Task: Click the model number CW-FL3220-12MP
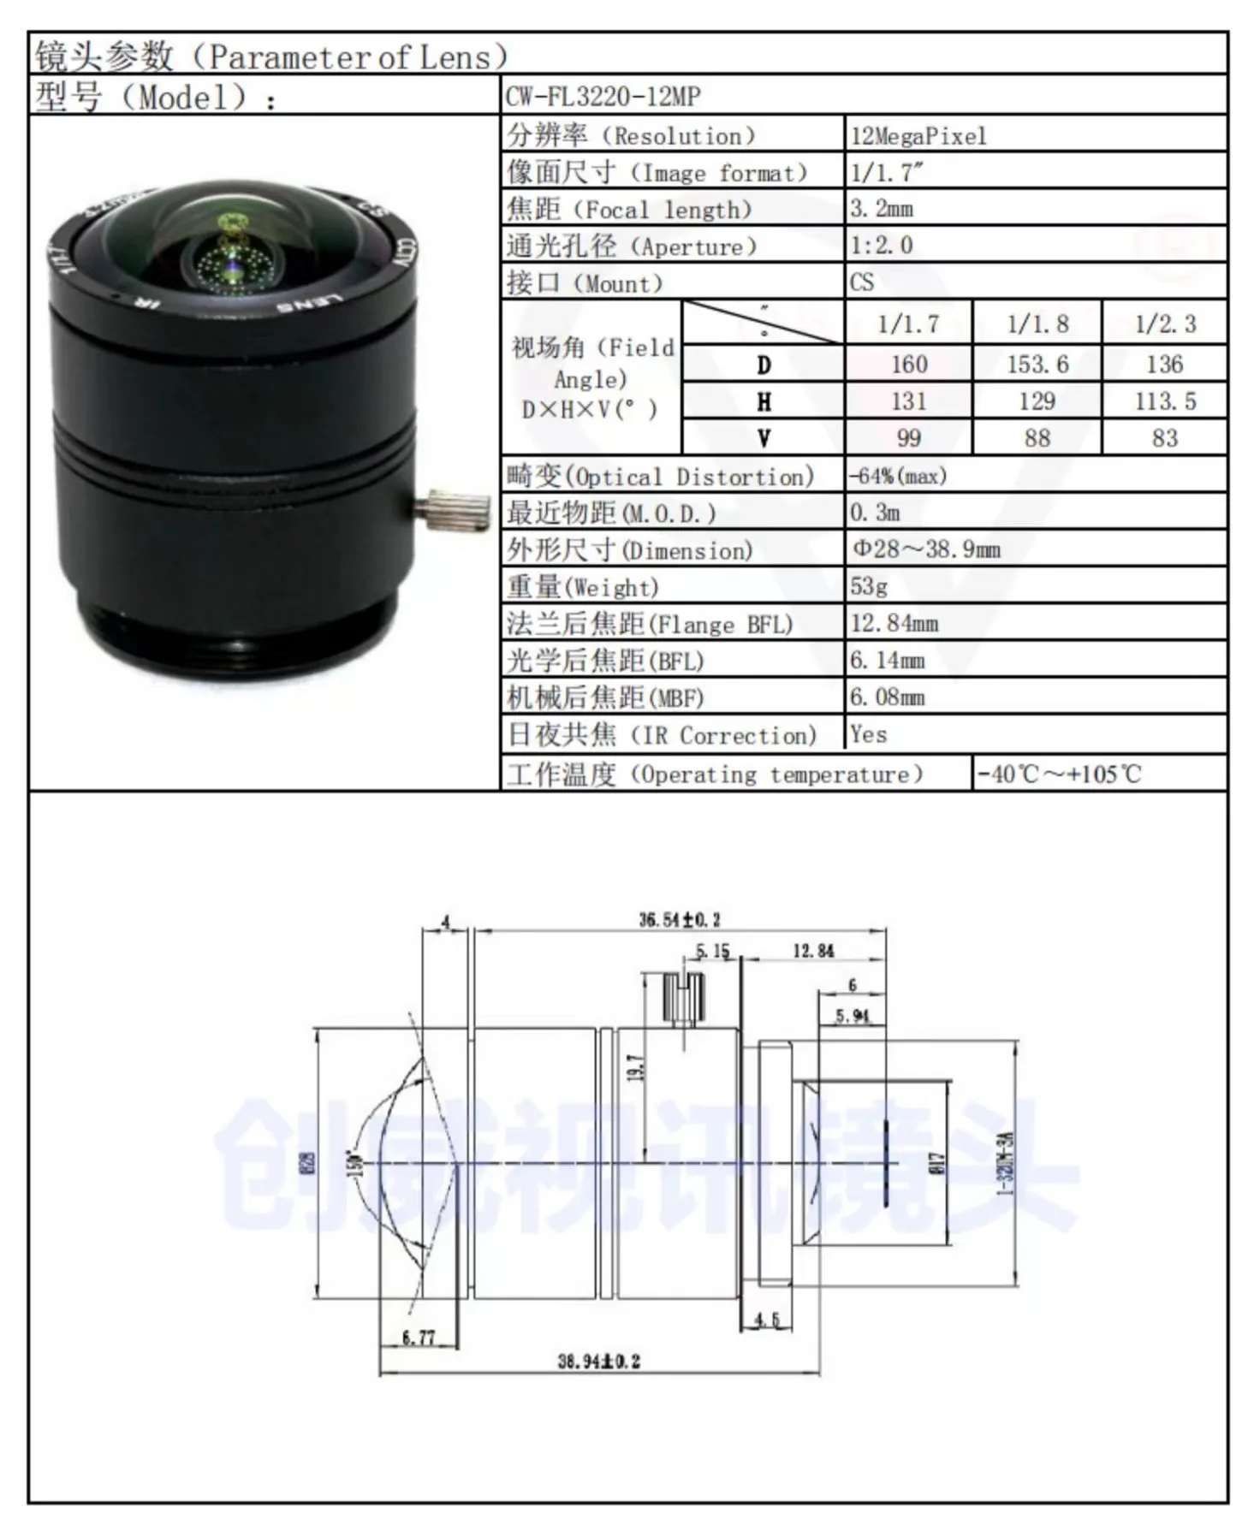click(603, 96)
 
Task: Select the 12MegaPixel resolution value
click(918, 136)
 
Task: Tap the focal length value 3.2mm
click(882, 209)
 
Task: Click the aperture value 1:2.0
click(882, 246)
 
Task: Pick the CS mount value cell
click(862, 282)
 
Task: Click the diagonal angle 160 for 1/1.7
click(908, 365)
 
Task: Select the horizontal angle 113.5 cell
click(1164, 401)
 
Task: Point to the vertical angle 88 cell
click(1037, 438)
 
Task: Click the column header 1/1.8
click(1037, 324)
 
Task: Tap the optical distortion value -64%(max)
click(898, 476)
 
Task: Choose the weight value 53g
click(869, 586)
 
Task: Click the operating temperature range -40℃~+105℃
click(1059, 774)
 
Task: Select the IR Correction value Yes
click(868, 734)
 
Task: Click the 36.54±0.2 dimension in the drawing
click(680, 920)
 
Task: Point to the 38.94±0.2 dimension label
click(598, 1361)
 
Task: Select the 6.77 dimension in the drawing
click(418, 1337)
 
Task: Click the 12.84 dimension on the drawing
click(812, 951)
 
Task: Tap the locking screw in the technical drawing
click(683, 1000)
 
